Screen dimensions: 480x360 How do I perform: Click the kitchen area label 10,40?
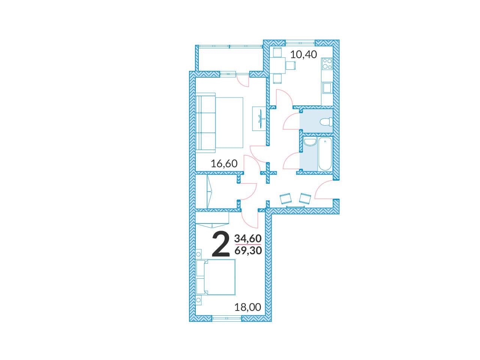303,54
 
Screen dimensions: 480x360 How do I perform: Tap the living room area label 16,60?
224,163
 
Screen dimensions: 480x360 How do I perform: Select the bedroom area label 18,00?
247,307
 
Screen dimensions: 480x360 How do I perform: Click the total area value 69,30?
248,250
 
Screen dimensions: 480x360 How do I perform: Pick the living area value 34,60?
248,238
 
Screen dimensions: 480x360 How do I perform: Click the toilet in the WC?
326,122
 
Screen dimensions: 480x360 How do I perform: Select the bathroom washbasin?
309,142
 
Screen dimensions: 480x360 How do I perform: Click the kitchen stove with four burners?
327,64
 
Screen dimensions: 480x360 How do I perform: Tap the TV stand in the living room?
259,118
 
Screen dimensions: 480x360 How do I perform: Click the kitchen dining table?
277,66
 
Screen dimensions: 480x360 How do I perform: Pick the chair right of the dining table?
291,65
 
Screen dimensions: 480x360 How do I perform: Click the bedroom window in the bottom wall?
227,318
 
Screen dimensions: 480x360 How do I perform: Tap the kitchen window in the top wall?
300,42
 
